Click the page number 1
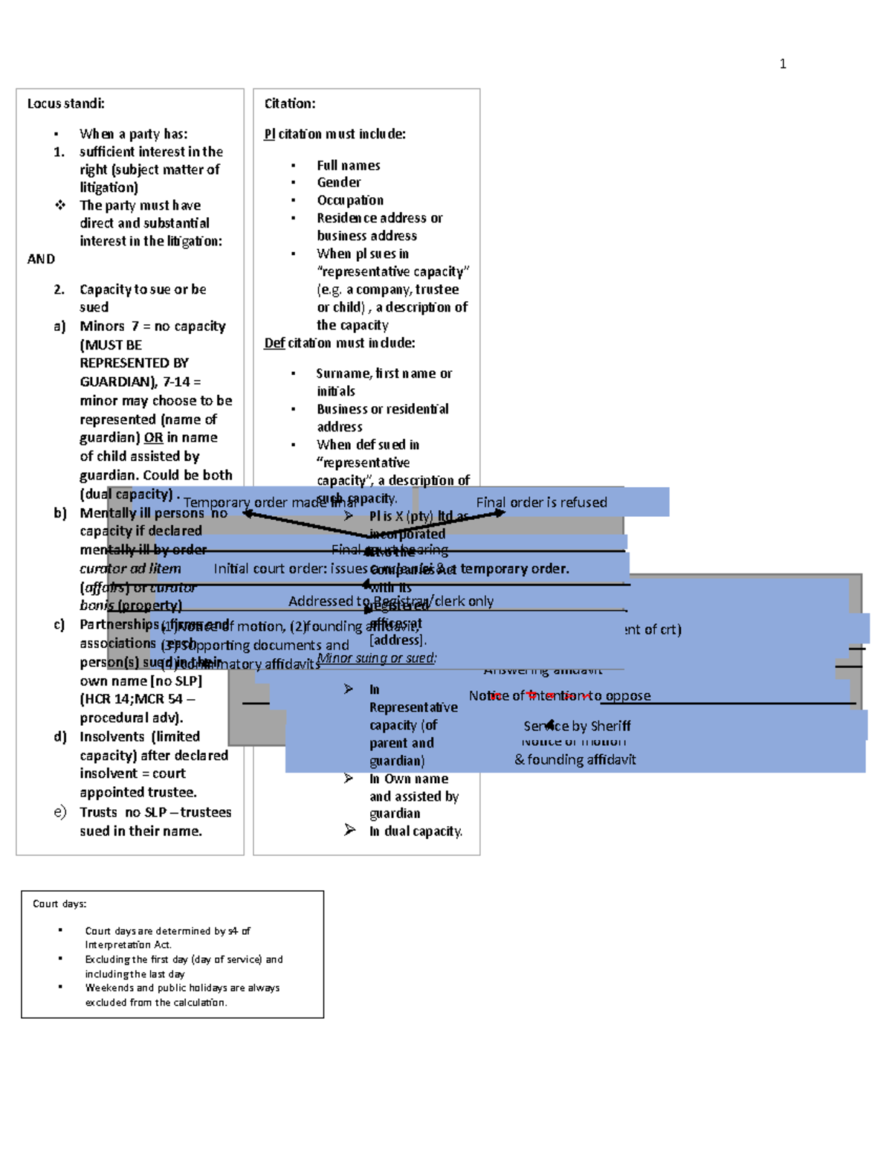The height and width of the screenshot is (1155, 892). point(783,64)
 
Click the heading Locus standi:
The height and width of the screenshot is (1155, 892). point(66,103)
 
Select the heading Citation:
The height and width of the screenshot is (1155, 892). point(290,103)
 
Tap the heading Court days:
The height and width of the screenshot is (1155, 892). point(59,904)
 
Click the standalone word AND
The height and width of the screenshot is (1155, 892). point(41,259)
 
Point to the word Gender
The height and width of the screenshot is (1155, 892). point(339,182)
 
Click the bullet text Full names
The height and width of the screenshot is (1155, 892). point(348,165)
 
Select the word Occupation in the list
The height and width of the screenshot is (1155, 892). point(350,200)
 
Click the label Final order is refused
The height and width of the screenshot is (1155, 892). point(541,502)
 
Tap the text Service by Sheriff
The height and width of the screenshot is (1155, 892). point(577,726)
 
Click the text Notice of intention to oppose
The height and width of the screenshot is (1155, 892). point(560,695)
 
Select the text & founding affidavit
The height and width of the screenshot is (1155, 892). point(575,759)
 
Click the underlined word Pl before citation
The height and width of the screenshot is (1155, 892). point(269,134)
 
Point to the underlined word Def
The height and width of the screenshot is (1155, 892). point(274,343)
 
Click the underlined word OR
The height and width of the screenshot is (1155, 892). point(153,437)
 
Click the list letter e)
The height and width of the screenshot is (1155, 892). point(60,812)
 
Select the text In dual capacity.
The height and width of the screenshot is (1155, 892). point(416,831)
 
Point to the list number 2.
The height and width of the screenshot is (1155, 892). point(59,289)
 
